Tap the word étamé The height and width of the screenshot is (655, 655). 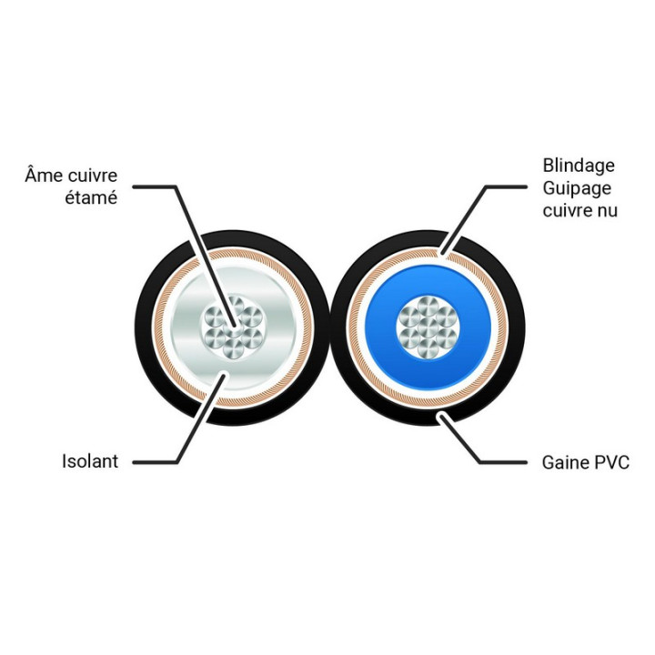pyautogui.click(x=91, y=197)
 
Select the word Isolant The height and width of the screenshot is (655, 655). pyautogui.click(x=90, y=461)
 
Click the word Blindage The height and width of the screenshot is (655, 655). pyautogui.click(x=579, y=166)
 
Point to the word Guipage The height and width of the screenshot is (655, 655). pyautogui.click(x=577, y=189)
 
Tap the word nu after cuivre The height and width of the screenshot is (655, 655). pyautogui.click(x=607, y=211)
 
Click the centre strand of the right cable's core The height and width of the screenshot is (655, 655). pyautogui.click(x=428, y=327)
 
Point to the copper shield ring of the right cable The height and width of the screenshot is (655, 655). pyautogui.click(x=428, y=400)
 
